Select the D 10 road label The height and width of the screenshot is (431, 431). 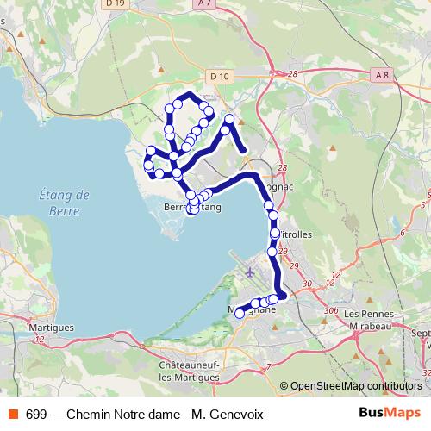[221, 76]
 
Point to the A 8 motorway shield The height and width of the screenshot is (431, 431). [382, 76]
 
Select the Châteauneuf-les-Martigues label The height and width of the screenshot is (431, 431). [192, 372]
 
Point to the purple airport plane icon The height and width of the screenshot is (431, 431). [250, 272]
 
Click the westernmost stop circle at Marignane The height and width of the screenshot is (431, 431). [240, 315]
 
